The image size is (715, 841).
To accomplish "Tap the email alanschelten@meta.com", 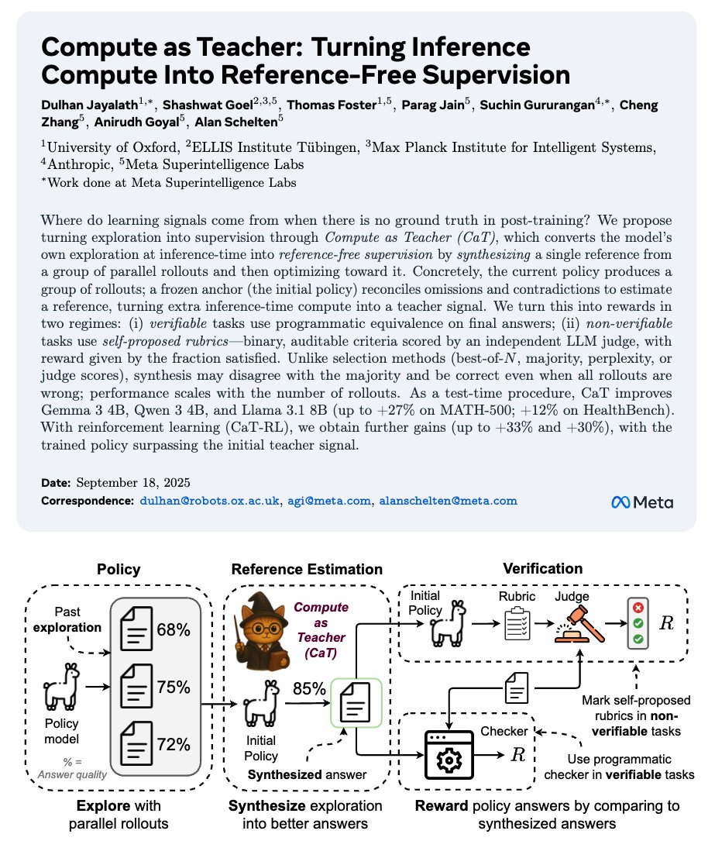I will coord(446,501).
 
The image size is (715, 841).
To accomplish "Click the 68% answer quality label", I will coord(174,629).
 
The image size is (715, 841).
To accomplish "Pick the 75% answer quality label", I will coord(174,687).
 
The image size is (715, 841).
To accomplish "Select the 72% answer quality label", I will coord(174,744).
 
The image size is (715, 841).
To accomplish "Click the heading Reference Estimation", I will coord(307,570).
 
